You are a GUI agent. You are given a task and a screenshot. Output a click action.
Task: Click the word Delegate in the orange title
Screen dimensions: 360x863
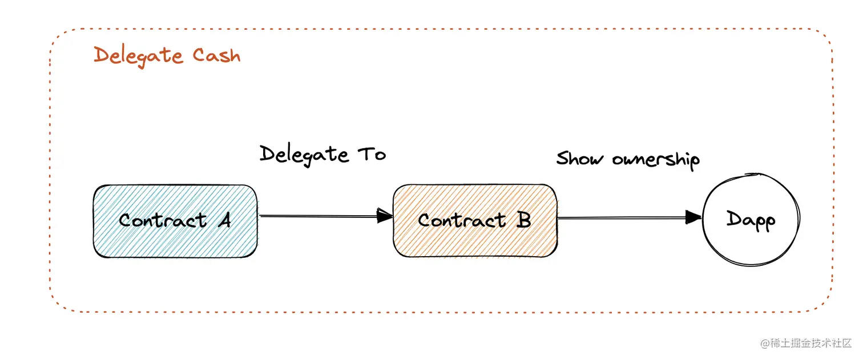coord(138,56)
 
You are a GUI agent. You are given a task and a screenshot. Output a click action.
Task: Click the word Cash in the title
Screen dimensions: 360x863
coord(216,56)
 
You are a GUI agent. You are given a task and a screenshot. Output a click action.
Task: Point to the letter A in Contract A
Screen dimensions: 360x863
coord(223,220)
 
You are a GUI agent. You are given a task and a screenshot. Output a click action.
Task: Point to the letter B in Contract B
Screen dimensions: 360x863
coord(523,220)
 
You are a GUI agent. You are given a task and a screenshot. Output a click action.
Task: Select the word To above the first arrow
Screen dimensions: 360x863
coord(372,154)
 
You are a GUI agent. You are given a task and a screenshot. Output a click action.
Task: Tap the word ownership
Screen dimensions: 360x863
coord(656,159)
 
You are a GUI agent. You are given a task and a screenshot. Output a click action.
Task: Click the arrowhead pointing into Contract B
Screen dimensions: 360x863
coord(385,216)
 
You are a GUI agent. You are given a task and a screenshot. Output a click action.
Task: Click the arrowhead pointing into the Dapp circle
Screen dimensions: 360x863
coord(693,217)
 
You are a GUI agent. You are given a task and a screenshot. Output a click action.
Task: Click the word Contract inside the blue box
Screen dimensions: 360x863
coord(163,220)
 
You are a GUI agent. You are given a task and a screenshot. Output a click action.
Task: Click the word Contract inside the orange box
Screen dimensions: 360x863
coord(462,220)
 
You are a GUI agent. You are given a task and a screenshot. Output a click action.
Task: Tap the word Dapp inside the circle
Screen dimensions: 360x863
coord(751,220)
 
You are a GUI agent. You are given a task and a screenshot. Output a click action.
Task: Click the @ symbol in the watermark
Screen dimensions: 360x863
coord(764,343)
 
